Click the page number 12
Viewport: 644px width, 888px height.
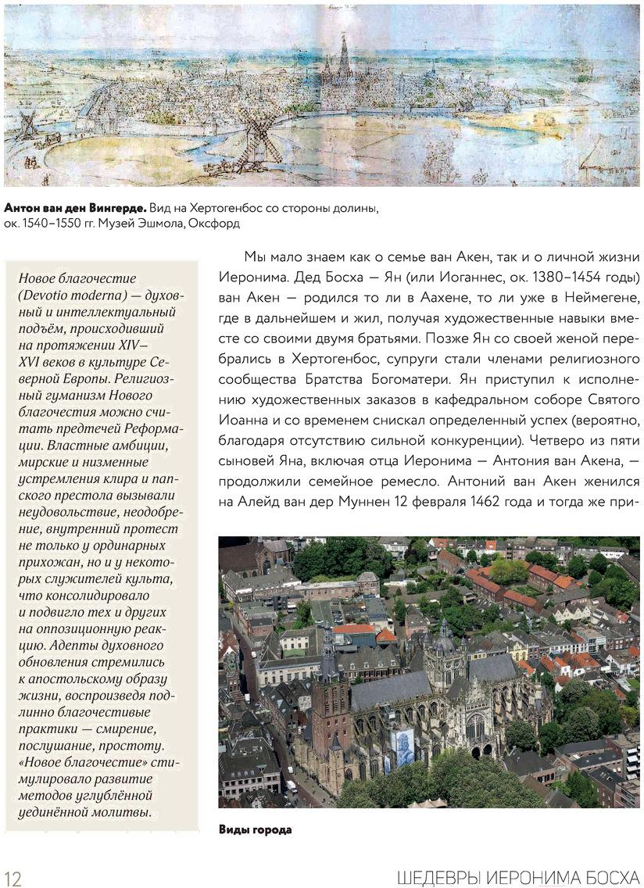(x=13, y=877)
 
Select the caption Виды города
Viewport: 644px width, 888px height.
(x=255, y=829)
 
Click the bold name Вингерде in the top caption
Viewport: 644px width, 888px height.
(x=115, y=208)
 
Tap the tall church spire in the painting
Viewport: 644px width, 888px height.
(x=344, y=55)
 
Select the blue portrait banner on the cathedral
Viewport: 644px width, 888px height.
(x=402, y=747)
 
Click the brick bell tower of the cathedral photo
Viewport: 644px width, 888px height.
(x=330, y=704)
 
